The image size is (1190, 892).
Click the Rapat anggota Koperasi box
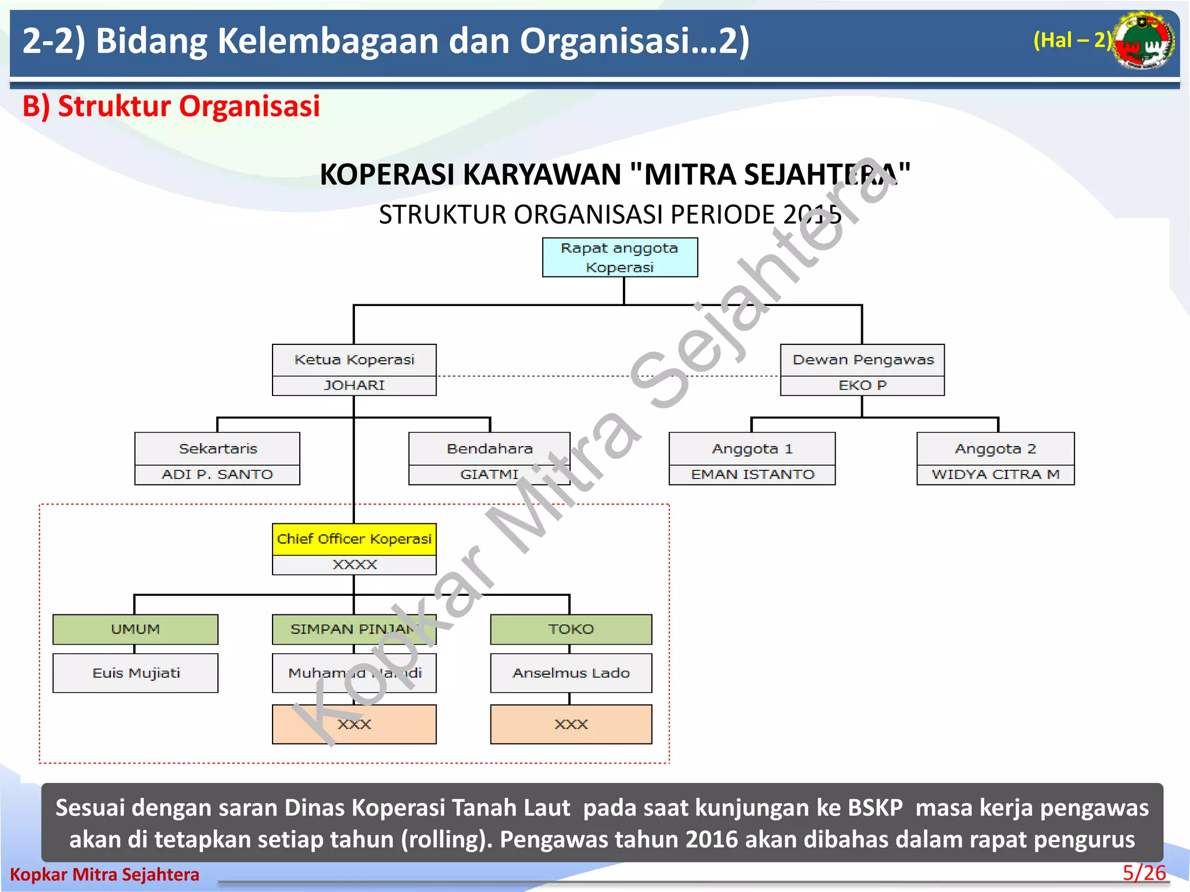click(x=619, y=257)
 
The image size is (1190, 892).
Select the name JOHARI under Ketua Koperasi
click(x=354, y=386)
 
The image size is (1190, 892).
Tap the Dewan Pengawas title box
click(x=862, y=360)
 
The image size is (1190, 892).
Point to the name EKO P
click(x=862, y=386)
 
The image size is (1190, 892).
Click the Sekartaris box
click(x=217, y=448)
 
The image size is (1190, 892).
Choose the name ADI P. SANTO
click(x=217, y=474)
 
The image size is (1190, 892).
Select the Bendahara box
click(x=489, y=448)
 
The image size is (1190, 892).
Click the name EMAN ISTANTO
click(x=752, y=474)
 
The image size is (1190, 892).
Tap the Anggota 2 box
click(x=995, y=448)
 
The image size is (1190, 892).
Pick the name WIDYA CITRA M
click(x=995, y=474)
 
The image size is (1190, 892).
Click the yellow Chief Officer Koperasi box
click(x=354, y=539)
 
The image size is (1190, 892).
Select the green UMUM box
click(x=135, y=630)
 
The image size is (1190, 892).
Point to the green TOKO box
click(x=571, y=630)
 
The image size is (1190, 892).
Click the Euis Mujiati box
click(x=135, y=673)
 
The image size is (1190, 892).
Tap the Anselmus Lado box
click(x=571, y=673)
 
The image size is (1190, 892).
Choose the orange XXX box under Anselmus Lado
click(x=571, y=724)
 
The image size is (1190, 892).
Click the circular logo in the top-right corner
click(x=1144, y=41)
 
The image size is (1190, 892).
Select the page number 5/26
click(x=1144, y=873)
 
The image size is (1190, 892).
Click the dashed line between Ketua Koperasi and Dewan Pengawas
click(x=535, y=376)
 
